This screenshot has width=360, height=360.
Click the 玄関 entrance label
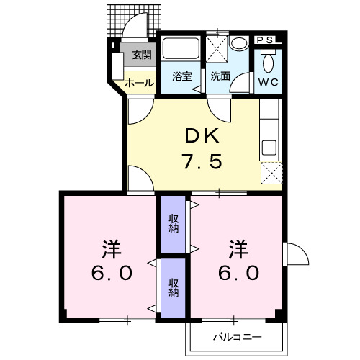tap(140, 54)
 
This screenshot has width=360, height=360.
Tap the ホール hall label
tap(140, 83)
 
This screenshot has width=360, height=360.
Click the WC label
tap(269, 81)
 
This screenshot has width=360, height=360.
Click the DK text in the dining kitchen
tap(192, 135)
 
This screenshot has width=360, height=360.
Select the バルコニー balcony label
tap(237, 337)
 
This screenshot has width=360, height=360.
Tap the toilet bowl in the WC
tap(269, 60)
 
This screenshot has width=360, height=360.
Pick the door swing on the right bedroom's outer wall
tap(293, 254)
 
